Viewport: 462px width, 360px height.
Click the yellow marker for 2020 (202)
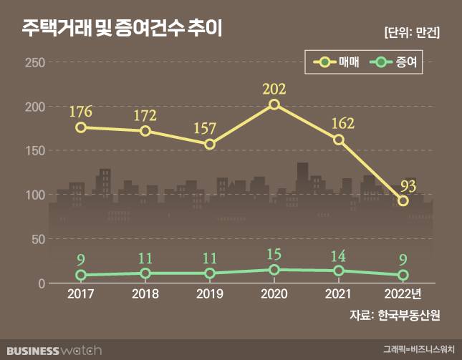click(x=274, y=104)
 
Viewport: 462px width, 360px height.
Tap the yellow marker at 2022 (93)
click(x=403, y=201)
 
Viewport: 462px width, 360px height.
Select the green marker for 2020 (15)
click(x=274, y=270)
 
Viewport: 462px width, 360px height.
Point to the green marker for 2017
click(x=81, y=275)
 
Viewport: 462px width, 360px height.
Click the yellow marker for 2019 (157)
click(x=210, y=145)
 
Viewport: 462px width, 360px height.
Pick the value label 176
click(x=81, y=112)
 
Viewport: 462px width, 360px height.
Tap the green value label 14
click(x=339, y=256)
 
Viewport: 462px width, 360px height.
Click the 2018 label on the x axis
click(x=145, y=295)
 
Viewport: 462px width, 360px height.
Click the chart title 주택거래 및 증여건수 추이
click(x=122, y=29)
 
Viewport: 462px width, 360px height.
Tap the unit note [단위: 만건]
click(x=412, y=32)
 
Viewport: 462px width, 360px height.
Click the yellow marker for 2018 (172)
click(x=145, y=131)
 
